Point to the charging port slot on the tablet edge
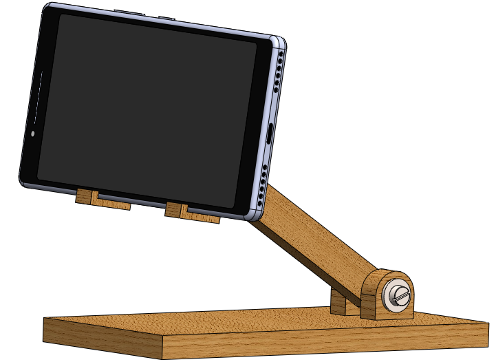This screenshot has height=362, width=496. point(270,134)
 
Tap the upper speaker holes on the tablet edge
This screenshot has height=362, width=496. point(277,72)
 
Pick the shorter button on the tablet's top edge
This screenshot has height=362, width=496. point(167,17)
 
